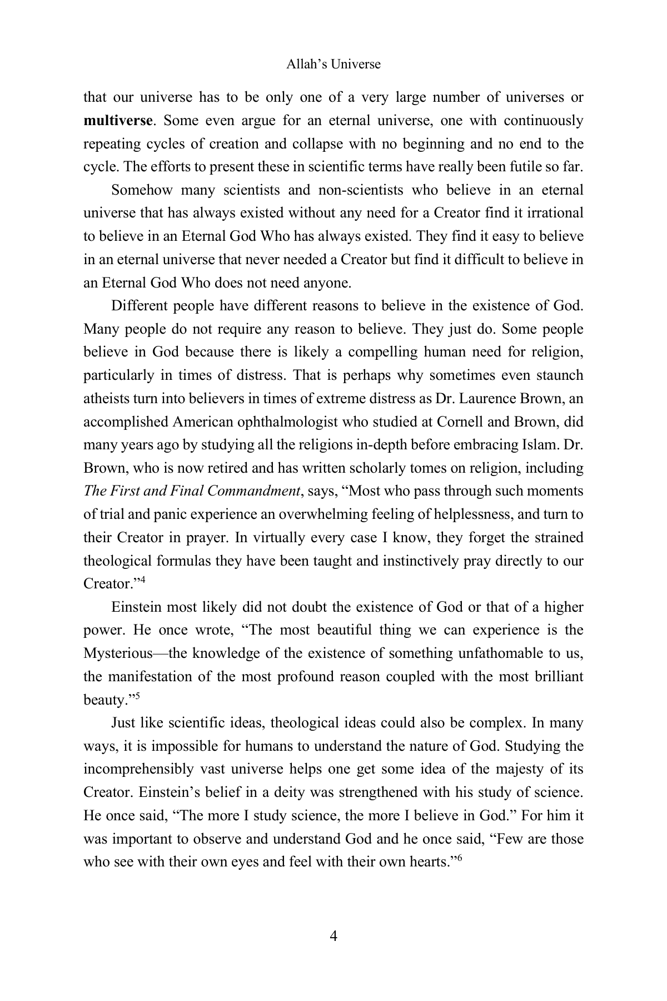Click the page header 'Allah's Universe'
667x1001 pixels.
[333, 64]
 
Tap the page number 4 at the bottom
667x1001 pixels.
[333, 936]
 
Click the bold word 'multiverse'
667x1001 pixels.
[117, 121]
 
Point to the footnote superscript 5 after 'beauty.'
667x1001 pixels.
[137, 696]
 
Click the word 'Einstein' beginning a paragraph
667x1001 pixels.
[135, 607]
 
